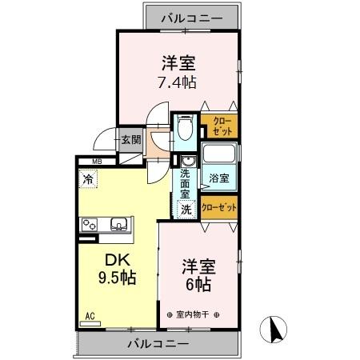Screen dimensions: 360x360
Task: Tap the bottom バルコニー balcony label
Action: tap(158, 344)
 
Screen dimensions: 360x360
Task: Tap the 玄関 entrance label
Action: tap(130, 140)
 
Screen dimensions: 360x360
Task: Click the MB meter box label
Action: tap(96, 163)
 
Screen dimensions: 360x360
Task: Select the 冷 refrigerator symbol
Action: tap(88, 179)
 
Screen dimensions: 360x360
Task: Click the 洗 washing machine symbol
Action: tap(185, 210)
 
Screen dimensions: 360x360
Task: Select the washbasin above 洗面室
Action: tap(186, 160)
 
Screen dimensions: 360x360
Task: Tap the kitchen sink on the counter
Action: tap(120, 224)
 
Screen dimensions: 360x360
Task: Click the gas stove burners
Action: tap(89, 224)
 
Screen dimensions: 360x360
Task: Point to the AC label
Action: tap(90, 317)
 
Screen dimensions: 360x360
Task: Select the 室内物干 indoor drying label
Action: tap(191, 314)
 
